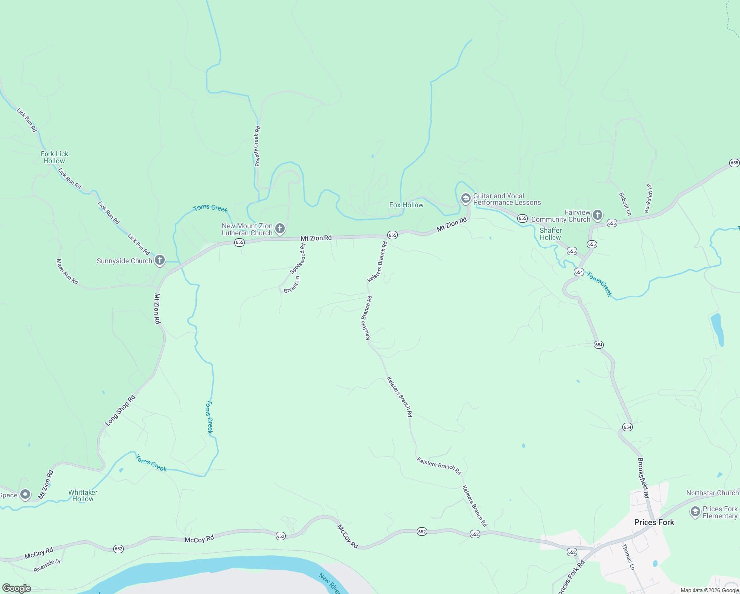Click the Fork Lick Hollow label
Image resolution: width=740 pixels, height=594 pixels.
click(x=54, y=157)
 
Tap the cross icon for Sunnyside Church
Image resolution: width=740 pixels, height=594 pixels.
click(x=160, y=260)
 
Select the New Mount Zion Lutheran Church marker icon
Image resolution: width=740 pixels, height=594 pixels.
click(x=280, y=228)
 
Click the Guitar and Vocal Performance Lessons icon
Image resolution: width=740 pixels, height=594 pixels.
click(x=465, y=198)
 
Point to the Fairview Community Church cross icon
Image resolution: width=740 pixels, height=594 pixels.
click(x=598, y=215)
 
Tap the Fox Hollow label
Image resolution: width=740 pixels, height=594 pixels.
click(x=406, y=205)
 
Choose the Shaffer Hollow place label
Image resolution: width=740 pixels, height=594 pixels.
click(x=551, y=234)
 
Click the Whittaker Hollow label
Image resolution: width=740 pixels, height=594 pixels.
click(x=83, y=495)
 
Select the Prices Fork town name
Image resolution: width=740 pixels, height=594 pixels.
click(x=654, y=522)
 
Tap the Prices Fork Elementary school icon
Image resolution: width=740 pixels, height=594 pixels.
click(x=695, y=511)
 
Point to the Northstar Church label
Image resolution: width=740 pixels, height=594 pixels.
click(x=712, y=493)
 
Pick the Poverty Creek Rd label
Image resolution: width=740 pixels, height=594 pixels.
click(x=257, y=146)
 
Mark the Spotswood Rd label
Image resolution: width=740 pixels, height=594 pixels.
click(x=298, y=258)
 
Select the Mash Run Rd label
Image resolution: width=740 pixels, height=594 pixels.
click(x=67, y=272)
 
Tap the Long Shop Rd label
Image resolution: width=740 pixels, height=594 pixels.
click(x=120, y=411)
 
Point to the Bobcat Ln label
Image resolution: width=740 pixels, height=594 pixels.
click(x=625, y=204)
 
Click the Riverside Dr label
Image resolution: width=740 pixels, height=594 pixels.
click(x=47, y=566)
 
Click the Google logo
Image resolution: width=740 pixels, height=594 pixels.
click(x=17, y=588)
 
